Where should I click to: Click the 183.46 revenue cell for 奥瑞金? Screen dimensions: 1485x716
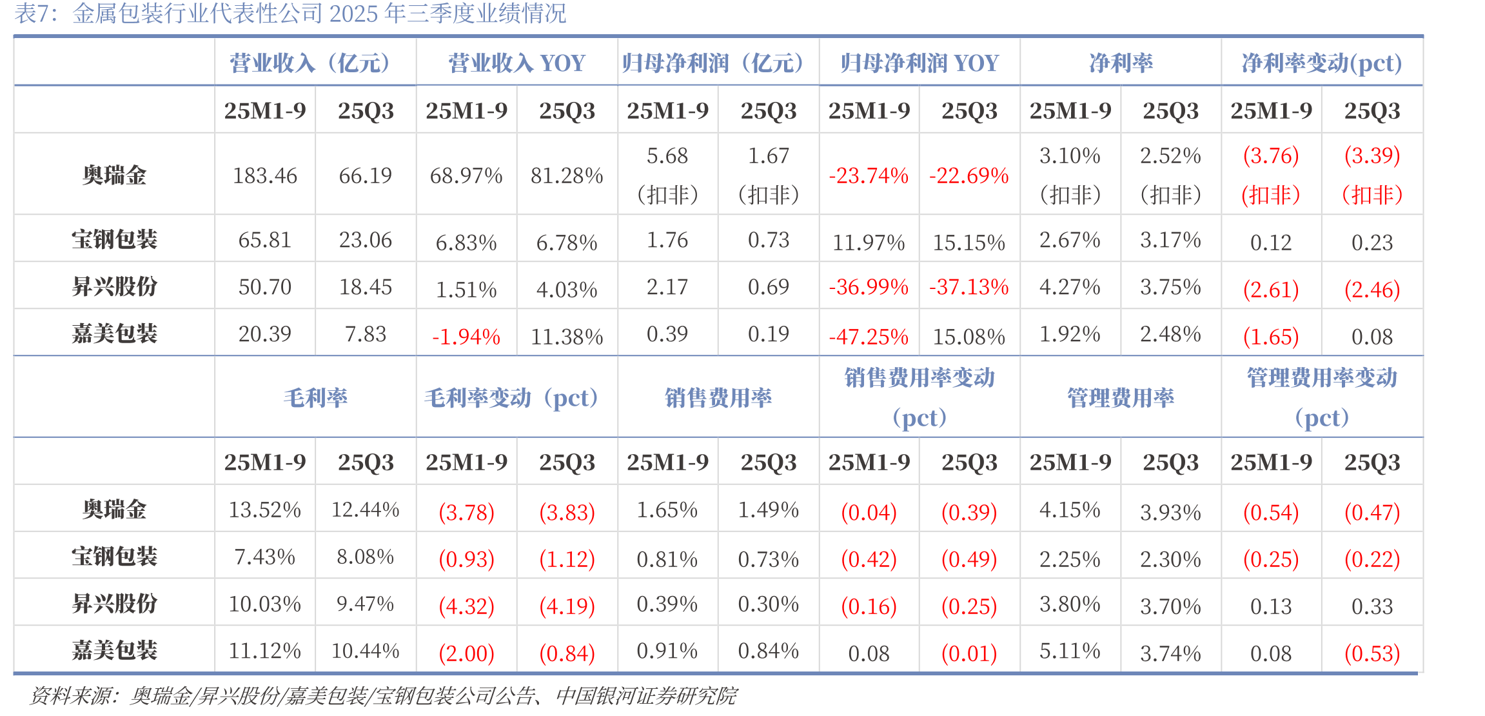pyautogui.click(x=264, y=175)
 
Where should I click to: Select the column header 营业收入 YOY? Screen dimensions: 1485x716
pyautogui.click(x=516, y=63)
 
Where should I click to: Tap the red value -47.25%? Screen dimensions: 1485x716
pyautogui.click(x=869, y=336)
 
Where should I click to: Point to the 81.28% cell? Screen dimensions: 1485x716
pyautogui.click(x=567, y=175)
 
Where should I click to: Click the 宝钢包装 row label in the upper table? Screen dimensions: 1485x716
pyautogui.click(x=114, y=239)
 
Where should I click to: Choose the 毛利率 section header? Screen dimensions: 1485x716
pyautogui.click(x=315, y=397)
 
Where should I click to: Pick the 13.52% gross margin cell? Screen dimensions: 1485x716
pyautogui.click(x=264, y=510)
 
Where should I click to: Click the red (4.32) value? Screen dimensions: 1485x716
pyautogui.click(x=466, y=606)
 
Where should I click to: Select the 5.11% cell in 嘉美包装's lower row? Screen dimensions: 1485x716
pyautogui.click(x=1070, y=650)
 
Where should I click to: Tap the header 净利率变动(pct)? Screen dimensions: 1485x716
pyautogui.click(x=1322, y=63)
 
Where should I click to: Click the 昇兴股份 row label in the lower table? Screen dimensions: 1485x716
pyautogui.click(x=114, y=603)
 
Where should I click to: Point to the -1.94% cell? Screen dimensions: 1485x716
pyautogui.click(x=466, y=336)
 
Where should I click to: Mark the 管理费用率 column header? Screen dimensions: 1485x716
pyautogui.click(x=1121, y=397)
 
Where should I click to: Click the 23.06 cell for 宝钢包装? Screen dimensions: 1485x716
pyautogui.click(x=366, y=240)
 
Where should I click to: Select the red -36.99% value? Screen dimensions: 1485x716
pyautogui.click(x=869, y=286)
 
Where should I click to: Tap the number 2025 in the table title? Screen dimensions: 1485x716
pyautogui.click(x=354, y=13)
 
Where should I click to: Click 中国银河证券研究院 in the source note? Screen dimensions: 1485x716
pyautogui.click(x=646, y=695)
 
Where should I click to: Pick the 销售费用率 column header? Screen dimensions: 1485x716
pyautogui.click(x=718, y=397)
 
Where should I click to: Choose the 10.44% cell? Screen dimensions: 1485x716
pyautogui.click(x=366, y=650)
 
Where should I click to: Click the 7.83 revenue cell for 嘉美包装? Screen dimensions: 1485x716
pyautogui.click(x=366, y=333)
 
